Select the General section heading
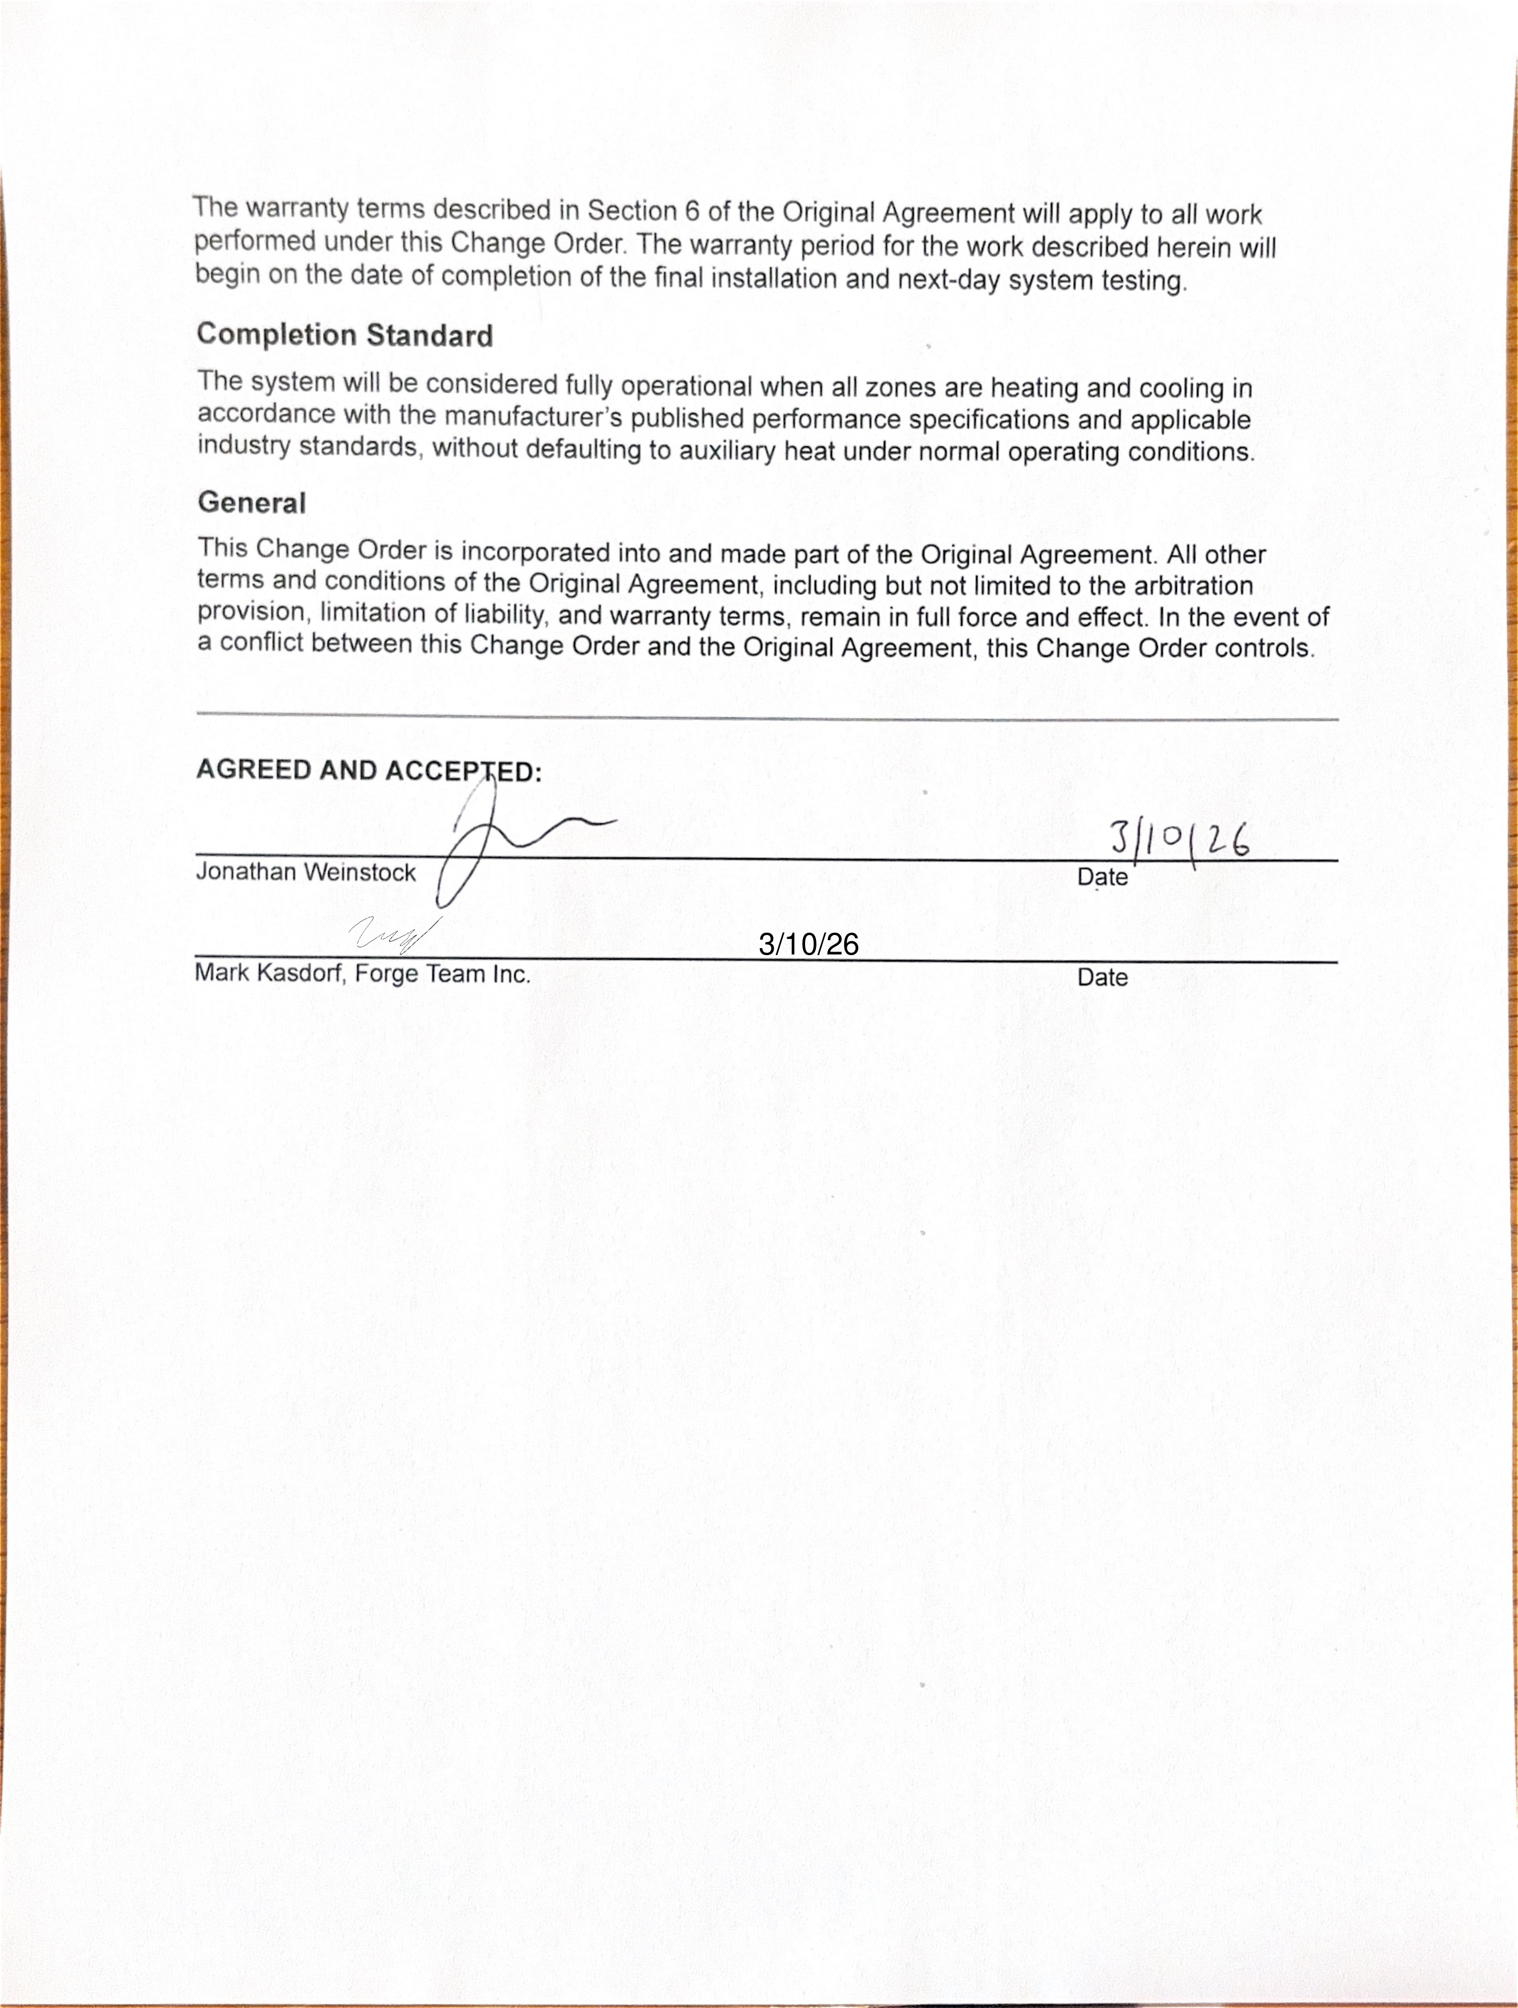pyautogui.click(x=251, y=503)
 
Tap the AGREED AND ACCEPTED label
pyautogui.click(x=368, y=771)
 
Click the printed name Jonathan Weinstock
pyautogui.click(x=306, y=873)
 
